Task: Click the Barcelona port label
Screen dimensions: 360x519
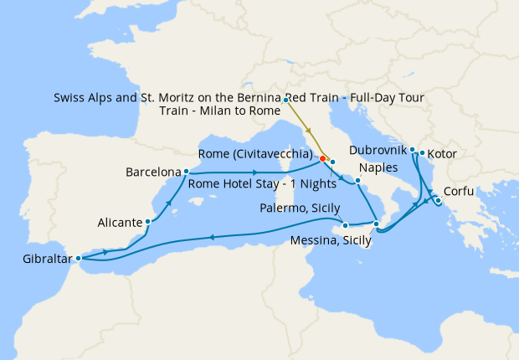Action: click(153, 172)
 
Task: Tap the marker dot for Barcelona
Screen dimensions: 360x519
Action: click(186, 172)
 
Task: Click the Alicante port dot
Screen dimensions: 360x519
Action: click(148, 222)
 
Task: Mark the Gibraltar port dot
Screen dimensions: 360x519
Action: click(78, 259)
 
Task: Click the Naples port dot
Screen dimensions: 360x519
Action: click(357, 181)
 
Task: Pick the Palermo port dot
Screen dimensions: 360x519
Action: click(346, 225)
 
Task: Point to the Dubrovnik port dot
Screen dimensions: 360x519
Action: click(413, 150)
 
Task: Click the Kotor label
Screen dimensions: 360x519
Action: click(443, 154)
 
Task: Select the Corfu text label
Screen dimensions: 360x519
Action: click(460, 191)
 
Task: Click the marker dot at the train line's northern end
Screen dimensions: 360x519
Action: click(286, 100)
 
